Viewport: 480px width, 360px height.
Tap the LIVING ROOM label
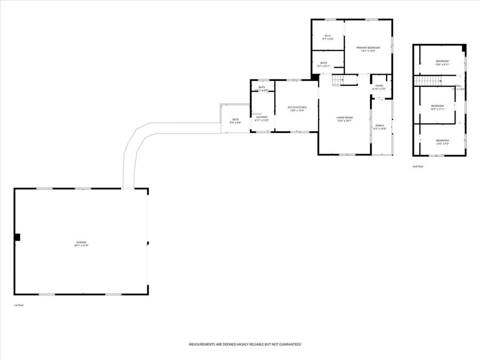[345, 119]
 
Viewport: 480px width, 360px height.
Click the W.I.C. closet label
[328, 37]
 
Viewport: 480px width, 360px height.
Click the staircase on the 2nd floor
[429, 81]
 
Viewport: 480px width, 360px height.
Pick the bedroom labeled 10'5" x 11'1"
[437, 107]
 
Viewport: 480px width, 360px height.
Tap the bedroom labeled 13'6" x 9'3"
[443, 142]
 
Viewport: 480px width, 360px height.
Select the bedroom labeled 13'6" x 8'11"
[443, 62]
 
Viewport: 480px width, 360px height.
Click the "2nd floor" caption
[419, 166]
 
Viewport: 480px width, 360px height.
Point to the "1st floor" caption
[19, 305]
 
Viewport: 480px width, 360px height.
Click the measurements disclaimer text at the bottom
[245, 345]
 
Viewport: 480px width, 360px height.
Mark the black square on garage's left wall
[17, 237]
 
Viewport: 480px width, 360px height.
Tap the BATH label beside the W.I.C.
[324, 65]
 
